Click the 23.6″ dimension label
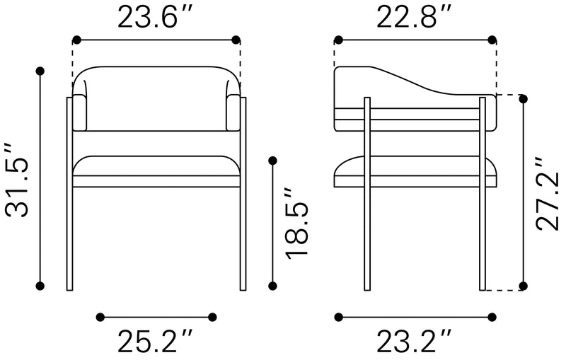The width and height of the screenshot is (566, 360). click(156, 18)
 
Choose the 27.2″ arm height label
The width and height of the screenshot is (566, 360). click(548, 194)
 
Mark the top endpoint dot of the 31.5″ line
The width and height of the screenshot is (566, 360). click(40, 71)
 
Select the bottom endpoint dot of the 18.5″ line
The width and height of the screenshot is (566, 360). click(273, 286)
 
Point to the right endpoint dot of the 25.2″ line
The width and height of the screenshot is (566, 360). click(212, 316)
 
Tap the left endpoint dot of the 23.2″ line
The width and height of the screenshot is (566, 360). click(338, 316)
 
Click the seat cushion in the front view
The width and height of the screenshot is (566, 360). click(156, 170)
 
